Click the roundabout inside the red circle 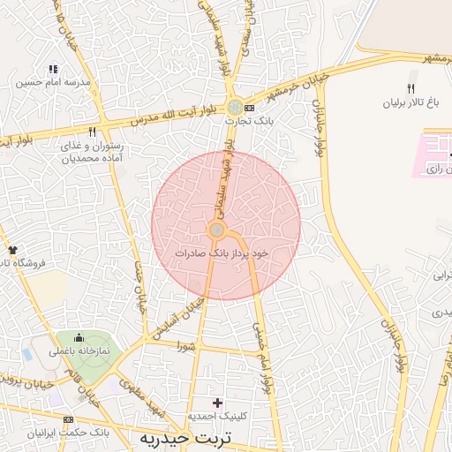coord(216,230)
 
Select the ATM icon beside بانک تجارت coord(249,108)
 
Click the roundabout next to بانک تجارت coord(234,107)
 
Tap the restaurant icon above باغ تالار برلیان coord(410,88)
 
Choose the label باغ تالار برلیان coord(410,103)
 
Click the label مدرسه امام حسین coord(54,83)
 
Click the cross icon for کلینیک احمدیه coord(217,403)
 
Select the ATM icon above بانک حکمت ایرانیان coord(67,420)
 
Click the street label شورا coord(185,345)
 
